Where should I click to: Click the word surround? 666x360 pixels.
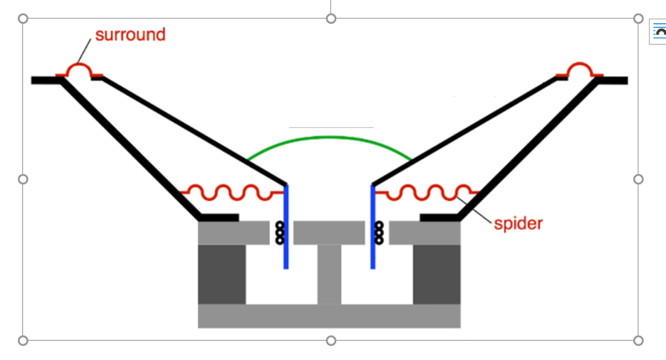click(x=130, y=35)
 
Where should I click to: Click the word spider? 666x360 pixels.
click(x=519, y=222)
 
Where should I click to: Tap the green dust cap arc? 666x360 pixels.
click(x=330, y=138)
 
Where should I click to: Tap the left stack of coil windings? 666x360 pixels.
click(x=280, y=233)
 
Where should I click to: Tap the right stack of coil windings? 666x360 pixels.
click(x=379, y=233)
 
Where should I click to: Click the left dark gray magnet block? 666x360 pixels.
click(x=221, y=274)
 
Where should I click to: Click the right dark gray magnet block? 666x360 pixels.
click(x=436, y=274)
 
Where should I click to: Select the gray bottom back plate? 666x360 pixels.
click(x=329, y=315)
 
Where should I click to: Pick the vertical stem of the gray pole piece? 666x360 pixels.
click(x=329, y=274)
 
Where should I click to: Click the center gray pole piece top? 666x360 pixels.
click(x=329, y=233)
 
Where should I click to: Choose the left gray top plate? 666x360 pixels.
click(x=233, y=233)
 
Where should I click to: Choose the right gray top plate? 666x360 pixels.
click(x=425, y=233)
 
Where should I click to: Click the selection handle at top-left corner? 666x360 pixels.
click(x=23, y=18)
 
